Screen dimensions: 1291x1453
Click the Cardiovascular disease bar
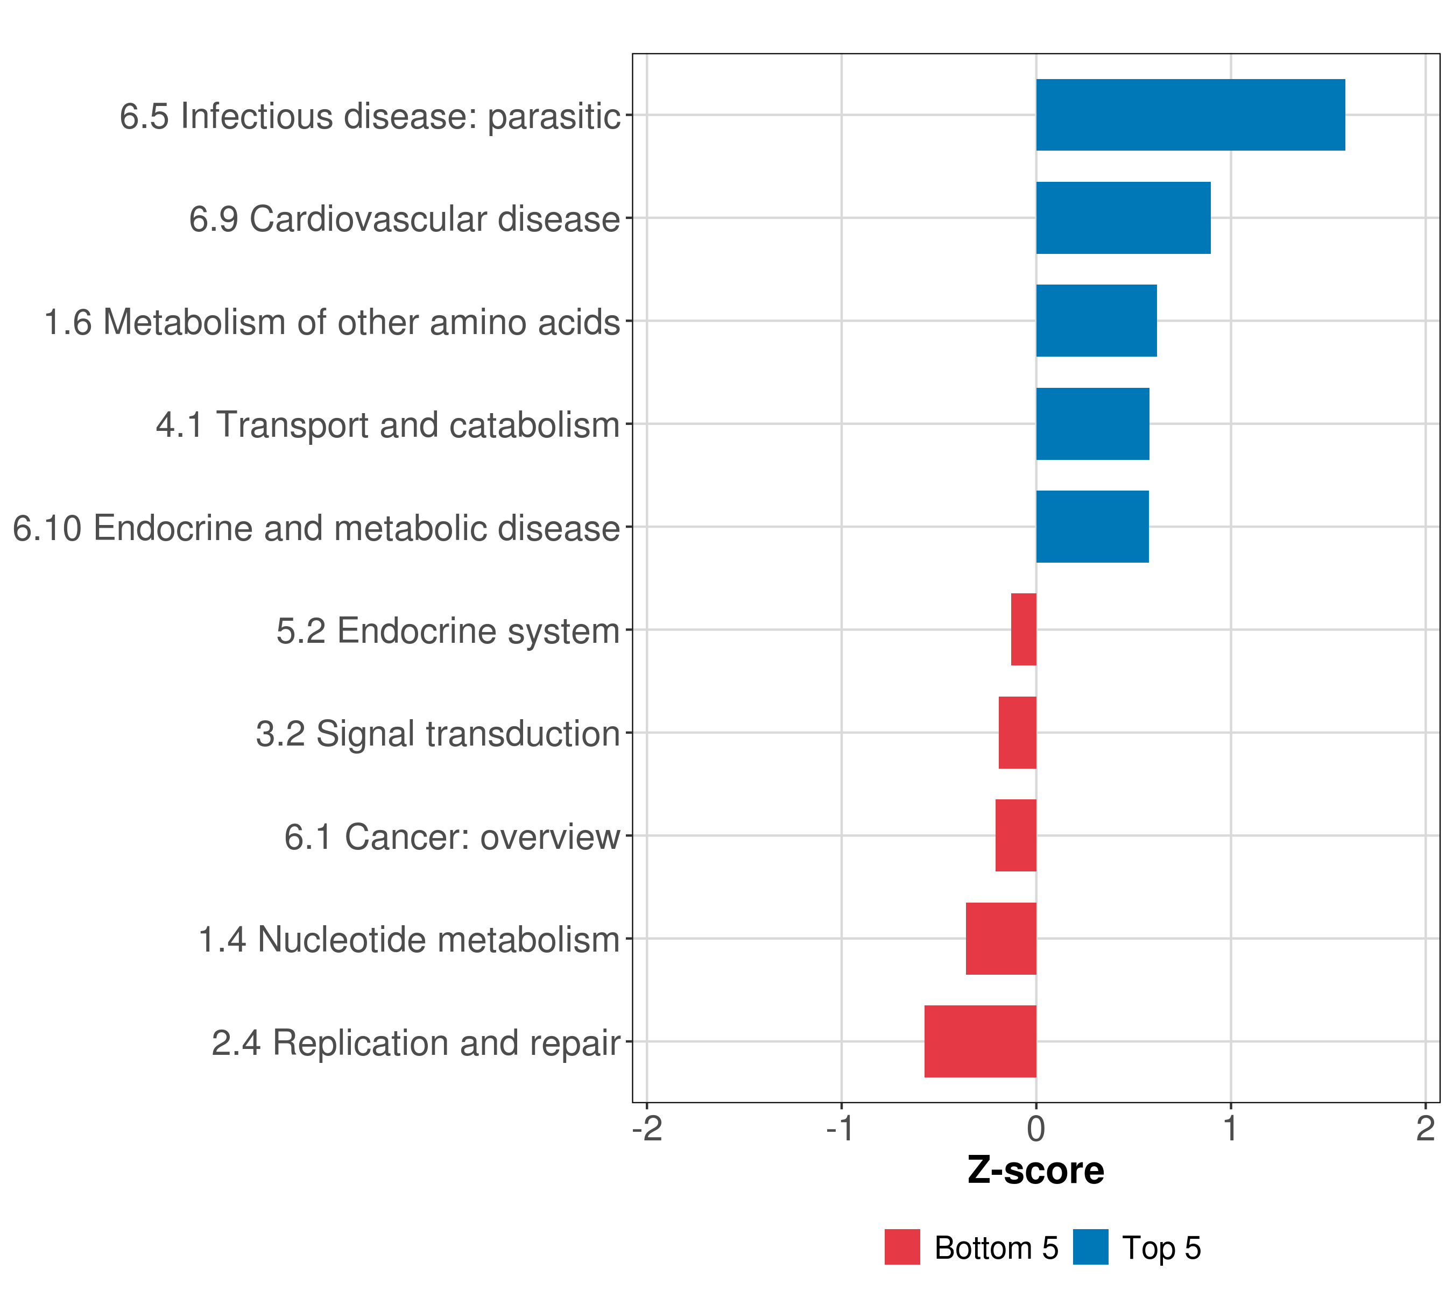click(x=1123, y=218)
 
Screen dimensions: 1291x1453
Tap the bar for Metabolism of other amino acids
click(x=1096, y=321)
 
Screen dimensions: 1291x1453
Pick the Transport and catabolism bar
click(x=1092, y=424)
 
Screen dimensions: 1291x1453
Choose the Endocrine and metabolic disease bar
click(x=1092, y=527)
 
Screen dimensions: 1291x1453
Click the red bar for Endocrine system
click(x=1024, y=629)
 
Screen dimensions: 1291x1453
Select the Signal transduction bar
click(x=1017, y=733)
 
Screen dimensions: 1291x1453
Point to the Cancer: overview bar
click(x=1016, y=835)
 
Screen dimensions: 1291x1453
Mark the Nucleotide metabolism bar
click(x=1001, y=939)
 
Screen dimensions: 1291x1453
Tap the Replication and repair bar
click(x=981, y=1041)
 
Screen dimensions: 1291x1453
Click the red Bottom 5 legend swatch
click(x=902, y=1247)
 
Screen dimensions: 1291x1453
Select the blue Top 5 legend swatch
click(x=1090, y=1247)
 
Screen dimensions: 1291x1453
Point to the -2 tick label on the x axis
click(x=647, y=1129)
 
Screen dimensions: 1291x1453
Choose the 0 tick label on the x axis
click(x=1036, y=1129)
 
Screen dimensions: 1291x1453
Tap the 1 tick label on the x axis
click(x=1231, y=1129)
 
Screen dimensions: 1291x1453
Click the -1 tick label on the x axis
click(x=841, y=1129)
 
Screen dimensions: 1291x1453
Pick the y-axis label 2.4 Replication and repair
click(x=416, y=1043)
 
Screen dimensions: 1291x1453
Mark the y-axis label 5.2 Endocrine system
click(x=448, y=631)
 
